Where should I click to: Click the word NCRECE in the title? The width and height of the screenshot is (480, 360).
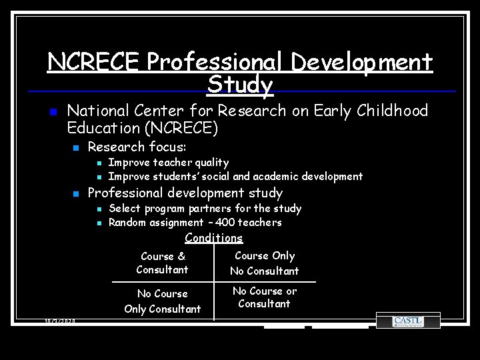[94, 63]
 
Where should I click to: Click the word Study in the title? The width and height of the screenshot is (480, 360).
[240, 85]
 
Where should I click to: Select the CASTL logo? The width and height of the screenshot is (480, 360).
[407, 321]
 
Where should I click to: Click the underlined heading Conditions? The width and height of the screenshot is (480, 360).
[213, 238]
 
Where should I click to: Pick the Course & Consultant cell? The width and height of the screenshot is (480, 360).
[163, 263]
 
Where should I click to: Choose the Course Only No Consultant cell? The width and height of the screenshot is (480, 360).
[265, 263]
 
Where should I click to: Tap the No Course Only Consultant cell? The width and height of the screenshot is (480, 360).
[163, 301]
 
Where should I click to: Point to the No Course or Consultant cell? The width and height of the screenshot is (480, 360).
[265, 297]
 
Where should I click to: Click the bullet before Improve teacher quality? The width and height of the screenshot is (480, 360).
[97, 163]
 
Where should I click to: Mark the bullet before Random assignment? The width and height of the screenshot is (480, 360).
[97, 223]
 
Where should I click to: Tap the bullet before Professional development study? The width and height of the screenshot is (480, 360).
[77, 194]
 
